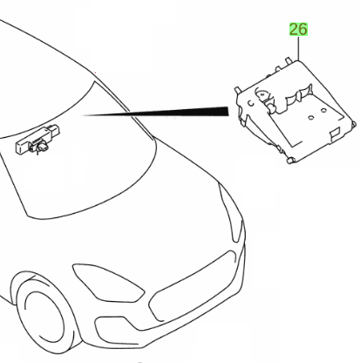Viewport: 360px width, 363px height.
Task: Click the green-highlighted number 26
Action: [x=298, y=30]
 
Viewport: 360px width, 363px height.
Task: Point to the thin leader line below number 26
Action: [x=298, y=48]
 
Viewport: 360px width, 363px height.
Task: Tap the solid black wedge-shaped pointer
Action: [x=155, y=112]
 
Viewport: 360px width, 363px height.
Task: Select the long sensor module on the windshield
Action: [x=37, y=139]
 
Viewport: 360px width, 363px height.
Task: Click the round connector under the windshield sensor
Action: [x=43, y=148]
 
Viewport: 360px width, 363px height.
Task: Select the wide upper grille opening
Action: [x=192, y=286]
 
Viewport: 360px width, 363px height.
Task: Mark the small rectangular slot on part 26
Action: [x=336, y=132]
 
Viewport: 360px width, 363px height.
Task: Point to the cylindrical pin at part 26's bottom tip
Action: [x=291, y=160]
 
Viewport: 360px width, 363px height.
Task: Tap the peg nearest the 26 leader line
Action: [x=289, y=60]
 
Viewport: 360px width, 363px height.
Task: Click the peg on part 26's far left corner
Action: [x=237, y=90]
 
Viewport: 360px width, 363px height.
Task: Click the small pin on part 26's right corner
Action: [x=354, y=124]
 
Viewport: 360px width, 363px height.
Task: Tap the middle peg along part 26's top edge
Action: [x=278, y=69]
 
